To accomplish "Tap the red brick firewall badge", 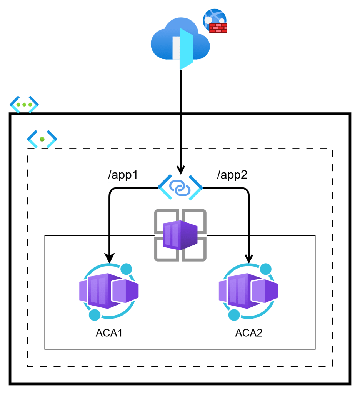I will click(218, 28).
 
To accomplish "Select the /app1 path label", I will click(123, 175).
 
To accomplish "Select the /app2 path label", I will click(232, 175).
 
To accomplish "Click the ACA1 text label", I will click(109, 333).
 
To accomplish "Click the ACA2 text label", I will click(249, 333).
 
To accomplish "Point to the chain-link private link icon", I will click(180, 188).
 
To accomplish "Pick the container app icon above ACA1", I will click(109, 292).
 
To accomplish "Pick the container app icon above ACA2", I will click(248, 292).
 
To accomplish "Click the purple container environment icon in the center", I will click(180, 235).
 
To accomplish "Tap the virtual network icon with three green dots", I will click(24, 104).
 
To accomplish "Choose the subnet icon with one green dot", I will click(42, 139).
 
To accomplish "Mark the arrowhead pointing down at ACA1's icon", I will click(110, 257).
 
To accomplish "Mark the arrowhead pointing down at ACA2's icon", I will click(249, 257).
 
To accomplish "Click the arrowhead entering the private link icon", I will click(180, 170).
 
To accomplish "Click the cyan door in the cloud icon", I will click(186, 48).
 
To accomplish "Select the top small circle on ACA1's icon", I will click(126, 269).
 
